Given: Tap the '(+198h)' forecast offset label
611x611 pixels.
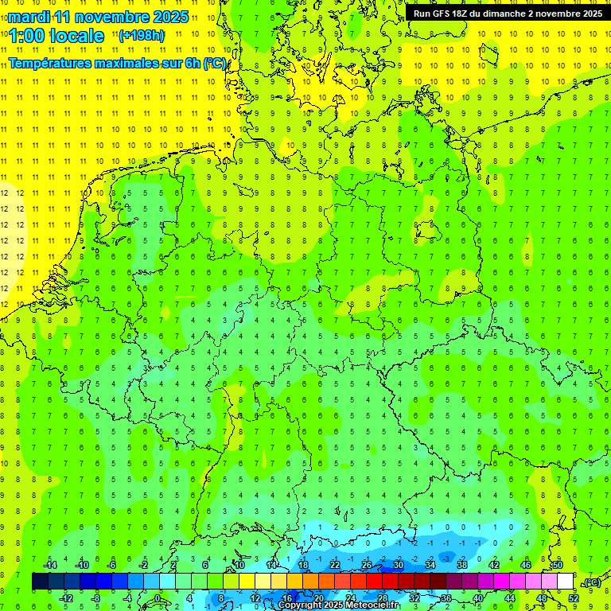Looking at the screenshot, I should pos(142,36).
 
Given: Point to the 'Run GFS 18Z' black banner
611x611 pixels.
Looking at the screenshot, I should pos(508,13).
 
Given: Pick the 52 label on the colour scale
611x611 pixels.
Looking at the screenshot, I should pos(573,597).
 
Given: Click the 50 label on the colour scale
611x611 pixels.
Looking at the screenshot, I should pos(557,565).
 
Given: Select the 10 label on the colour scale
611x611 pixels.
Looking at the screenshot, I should pos(239,565).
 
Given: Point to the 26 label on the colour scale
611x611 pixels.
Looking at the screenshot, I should pos(367,565).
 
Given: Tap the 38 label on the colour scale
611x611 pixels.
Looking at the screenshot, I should pos(462,565).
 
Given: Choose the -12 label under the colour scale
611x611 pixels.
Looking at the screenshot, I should pos(68,597).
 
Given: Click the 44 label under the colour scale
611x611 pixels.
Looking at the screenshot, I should pos(510,597).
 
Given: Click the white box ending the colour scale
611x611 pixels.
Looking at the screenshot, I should pos(566,581).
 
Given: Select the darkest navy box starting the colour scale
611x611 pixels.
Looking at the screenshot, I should pos(40,581).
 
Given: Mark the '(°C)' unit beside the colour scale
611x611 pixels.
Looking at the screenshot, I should pos(592,582).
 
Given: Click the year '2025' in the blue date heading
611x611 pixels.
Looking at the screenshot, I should pos(169,17).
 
